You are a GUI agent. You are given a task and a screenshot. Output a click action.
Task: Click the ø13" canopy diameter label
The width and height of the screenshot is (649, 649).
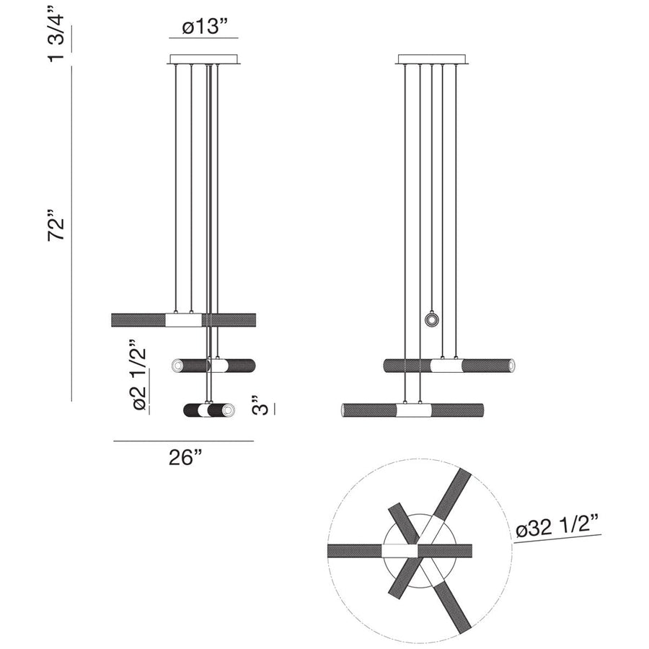[205, 27]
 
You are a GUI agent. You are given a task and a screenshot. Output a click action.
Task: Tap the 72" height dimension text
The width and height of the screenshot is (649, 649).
[58, 226]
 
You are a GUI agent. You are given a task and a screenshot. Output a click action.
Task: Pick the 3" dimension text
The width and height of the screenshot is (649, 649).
[262, 405]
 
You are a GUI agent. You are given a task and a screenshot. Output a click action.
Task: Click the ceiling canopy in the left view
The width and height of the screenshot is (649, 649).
[204, 59]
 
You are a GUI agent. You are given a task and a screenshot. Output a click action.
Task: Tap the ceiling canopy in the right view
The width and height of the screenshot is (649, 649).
[431, 59]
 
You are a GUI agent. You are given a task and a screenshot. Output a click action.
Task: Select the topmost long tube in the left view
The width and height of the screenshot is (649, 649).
[137, 319]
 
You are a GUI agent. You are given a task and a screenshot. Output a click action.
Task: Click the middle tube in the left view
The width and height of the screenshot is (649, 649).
[213, 366]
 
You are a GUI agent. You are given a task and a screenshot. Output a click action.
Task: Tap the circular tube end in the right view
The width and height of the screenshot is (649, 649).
[431, 319]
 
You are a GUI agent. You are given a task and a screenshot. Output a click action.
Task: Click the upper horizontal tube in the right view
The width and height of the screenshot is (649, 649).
[449, 365]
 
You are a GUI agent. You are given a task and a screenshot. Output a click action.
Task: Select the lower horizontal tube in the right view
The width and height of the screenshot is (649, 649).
[412, 410]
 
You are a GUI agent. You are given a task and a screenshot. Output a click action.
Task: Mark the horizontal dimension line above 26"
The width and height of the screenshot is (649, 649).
[184, 441]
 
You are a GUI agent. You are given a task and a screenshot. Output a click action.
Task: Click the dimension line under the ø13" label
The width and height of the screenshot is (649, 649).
[204, 37]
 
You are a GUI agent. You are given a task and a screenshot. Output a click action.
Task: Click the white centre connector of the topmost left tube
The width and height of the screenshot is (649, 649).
[183, 319]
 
